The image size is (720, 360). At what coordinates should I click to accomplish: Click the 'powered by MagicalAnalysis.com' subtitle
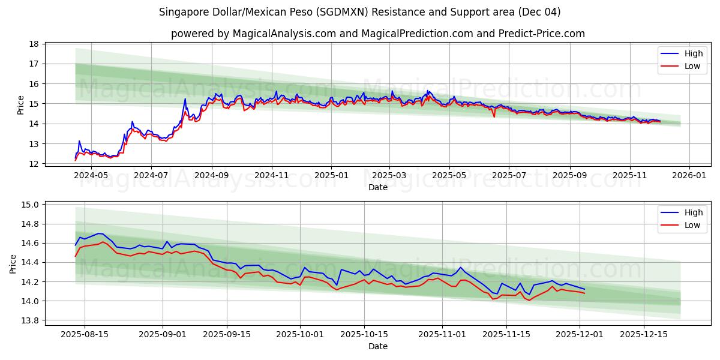[x=377, y=34]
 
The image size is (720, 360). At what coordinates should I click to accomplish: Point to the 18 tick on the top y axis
[x=34, y=44]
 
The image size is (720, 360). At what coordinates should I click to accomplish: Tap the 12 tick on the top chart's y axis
[x=34, y=164]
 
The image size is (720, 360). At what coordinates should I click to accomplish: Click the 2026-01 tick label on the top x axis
[x=689, y=175]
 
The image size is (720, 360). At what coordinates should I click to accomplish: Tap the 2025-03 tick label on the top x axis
[x=389, y=175]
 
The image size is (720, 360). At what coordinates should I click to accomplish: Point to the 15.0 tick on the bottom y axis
[x=30, y=205]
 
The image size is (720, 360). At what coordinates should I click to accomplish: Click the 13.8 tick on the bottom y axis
[x=30, y=320]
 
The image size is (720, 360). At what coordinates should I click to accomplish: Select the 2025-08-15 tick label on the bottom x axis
[x=84, y=334]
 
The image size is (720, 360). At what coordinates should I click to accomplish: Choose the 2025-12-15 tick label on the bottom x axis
[x=643, y=334]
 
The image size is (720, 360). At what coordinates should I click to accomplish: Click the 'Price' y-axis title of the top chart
[x=21, y=104]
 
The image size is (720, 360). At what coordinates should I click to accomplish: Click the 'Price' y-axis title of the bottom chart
[x=13, y=263]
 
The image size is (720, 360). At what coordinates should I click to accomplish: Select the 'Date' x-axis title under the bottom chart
[x=377, y=346]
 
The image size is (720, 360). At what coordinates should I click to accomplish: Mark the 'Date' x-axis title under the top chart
[x=377, y=187]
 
